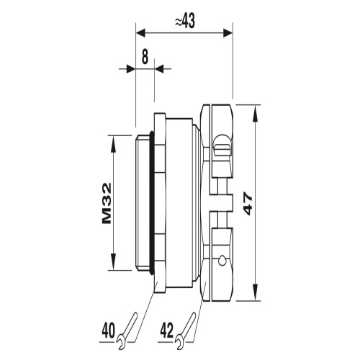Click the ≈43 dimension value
pyautogui.click(x=185, y=22)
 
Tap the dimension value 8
pyautogui.click(x=145, y=58)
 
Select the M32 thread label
pyautogui.click(x=107, y=203)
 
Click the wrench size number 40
pyautogui.click(x=108, y=330)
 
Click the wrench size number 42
pyautogui.click(x=166, y=330)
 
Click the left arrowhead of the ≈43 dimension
pyautogui.click(x=141, y=33)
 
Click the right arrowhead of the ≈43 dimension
pyautogui.click(x=228, y=33)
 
